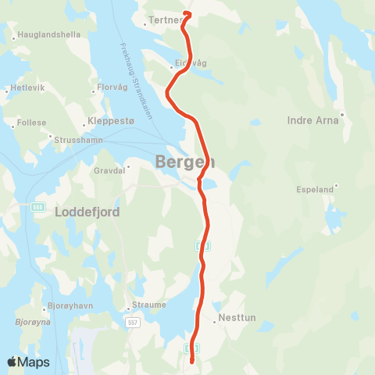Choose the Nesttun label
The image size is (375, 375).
(237, 318)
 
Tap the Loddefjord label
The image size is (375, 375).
(87, 211)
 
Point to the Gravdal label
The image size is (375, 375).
(109, 170)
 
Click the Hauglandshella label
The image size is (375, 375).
(48, 35)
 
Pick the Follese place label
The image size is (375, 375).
(32, 123)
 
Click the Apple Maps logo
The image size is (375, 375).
(28, 362)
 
